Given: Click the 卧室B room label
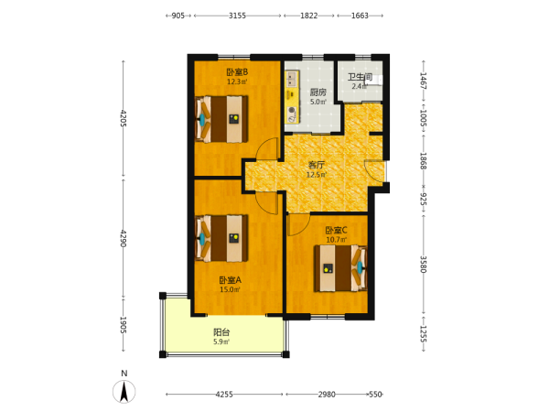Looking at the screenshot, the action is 237,72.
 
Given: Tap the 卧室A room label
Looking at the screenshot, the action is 230,280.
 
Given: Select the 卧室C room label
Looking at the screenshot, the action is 336,231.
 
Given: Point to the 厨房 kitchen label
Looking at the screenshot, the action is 318,92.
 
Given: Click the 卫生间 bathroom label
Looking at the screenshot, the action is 360,77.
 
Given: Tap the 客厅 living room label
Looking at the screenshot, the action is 317,165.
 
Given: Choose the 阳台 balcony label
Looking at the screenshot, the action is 221,332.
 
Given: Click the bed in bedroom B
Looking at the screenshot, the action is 221,119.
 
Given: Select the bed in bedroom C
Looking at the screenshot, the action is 340,268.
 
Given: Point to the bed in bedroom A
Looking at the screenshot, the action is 221,238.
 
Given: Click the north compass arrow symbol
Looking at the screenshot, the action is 124,391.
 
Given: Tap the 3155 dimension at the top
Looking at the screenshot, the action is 237,16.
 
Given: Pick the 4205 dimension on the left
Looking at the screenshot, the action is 124,118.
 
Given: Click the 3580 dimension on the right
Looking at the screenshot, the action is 424,265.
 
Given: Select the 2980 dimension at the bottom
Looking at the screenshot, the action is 327,395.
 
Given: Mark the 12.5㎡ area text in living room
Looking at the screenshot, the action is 317,175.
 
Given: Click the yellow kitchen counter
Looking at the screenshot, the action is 293,97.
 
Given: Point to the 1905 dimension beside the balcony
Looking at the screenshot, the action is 124,325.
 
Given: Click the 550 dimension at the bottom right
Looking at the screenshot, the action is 375,395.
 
